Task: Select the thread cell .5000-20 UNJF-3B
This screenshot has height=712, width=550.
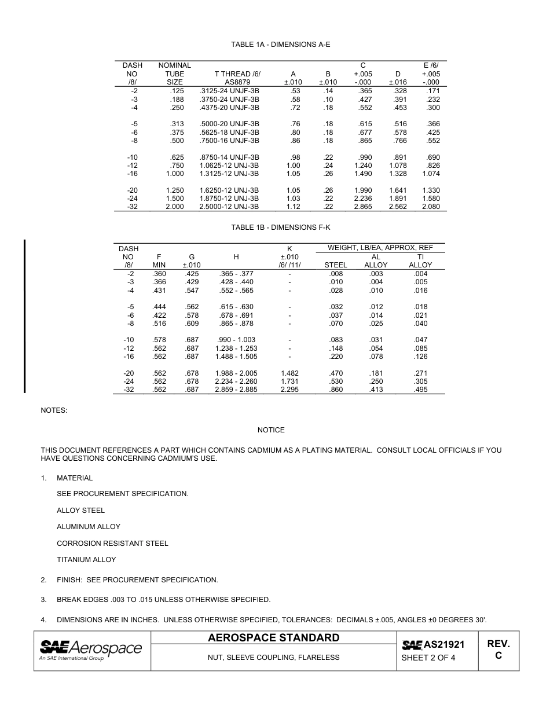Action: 229,124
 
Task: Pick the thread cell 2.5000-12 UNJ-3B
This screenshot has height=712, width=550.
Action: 229,207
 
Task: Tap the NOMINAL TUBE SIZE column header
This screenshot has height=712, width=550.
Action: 174,74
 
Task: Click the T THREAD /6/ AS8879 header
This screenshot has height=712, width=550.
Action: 237,78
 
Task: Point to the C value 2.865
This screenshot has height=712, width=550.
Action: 362,207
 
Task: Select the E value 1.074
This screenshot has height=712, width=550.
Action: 431,174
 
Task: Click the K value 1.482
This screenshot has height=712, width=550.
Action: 289,373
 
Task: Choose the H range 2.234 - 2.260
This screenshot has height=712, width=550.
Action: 236,381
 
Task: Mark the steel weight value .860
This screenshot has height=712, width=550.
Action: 335,390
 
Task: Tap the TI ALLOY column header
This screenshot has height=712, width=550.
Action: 420,260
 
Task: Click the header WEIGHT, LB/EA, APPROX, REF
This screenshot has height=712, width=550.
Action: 380,248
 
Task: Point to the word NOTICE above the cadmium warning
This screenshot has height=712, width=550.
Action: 271,430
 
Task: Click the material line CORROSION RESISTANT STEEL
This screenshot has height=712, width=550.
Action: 112,544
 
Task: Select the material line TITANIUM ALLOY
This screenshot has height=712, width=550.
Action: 86,560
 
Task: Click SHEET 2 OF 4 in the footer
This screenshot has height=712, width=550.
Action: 428,658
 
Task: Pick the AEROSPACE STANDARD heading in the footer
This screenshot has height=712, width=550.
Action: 274,638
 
